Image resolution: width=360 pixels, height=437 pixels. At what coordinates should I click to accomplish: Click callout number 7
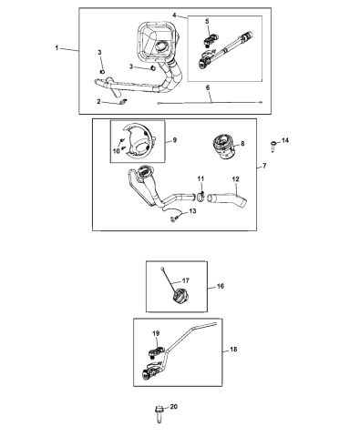tap(265, 167)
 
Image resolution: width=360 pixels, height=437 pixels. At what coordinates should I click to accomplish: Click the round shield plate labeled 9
tap(144, 145)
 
